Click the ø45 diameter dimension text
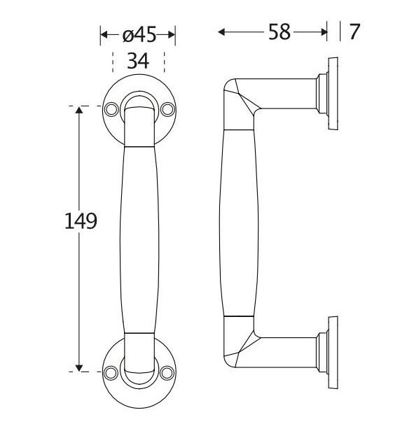[138, 34]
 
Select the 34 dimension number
[137, 61]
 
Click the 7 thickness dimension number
[354, 32]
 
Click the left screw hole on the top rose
[111, 110]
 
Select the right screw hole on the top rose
[167, 110]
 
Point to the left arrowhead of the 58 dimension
[223, 31]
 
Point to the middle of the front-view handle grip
[139, 238]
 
